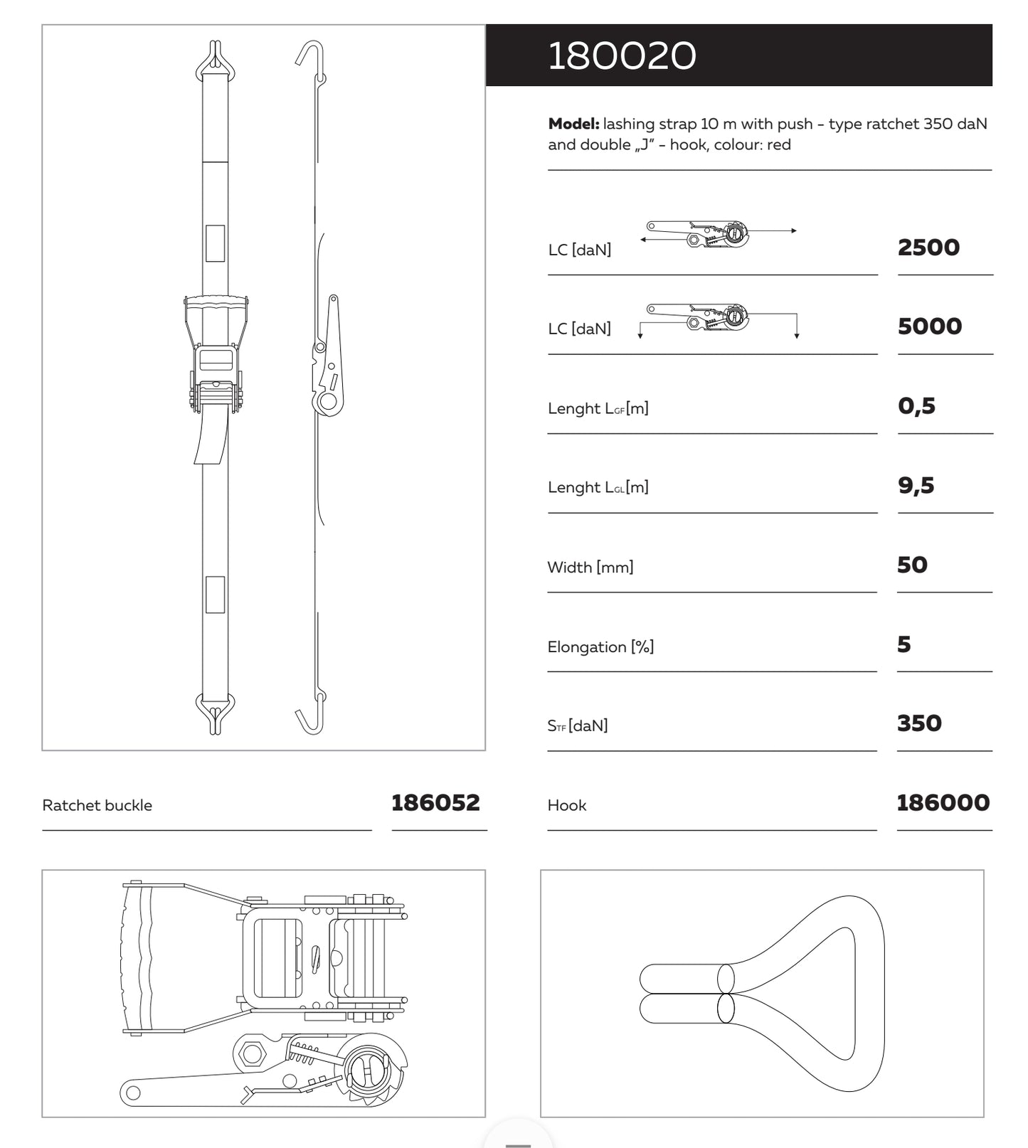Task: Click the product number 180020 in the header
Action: pyautogui.click(x=622, y=55)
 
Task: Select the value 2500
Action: pyautogui.click(x=928, y=248)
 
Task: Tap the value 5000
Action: pyautogui.click(x=929, y=326)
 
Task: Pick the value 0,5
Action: pyautogui.click(x=916, y=406)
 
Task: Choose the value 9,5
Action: pyautogui.click(x=916, y=486)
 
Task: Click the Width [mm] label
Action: pyautogui.click(x=590, y=567)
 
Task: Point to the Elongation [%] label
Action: pyautogui.click(x=600, y=647)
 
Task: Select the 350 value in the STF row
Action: pyautogui.click(x=918, y=723)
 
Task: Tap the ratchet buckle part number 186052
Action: pyautogui.click(x=435, y=803)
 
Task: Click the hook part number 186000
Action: pyautogui.click(x=943, y=803)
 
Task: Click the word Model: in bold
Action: pyautogui.click(x=573, y=124)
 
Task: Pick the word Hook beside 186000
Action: pyautogui.click(x=566, y=805)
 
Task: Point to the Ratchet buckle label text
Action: pyautogui.click(x=97, y=805)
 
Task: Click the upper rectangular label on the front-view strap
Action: pyautogui.click(x=215, y=243)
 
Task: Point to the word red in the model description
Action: pyautogui.click(x=779, y=145)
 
